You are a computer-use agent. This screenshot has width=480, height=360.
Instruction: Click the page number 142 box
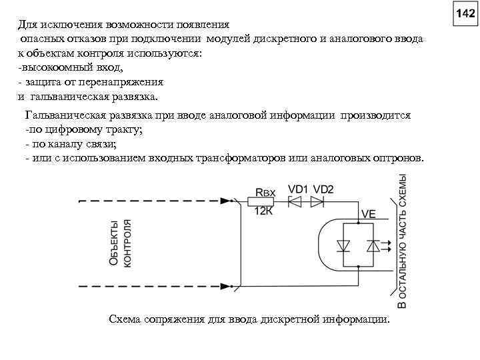pyautogui.click(x=465, y=13)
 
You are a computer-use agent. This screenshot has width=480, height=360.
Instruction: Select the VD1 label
pyautogui.click(x=298, y=189)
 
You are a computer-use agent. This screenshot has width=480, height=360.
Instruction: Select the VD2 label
pyautogui.click(x=323, y=189)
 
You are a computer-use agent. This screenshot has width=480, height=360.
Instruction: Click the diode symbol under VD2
pyautogui.click(x=317, y=201)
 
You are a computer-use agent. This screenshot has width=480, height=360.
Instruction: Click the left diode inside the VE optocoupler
pyautogui.click(x=344, y=245)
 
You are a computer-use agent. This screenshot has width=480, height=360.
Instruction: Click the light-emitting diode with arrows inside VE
pyautogui.click(x=373, y=245)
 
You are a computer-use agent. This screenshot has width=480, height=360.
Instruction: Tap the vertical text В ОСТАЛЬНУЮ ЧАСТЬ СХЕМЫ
pyautogui.click(x=402, y=243)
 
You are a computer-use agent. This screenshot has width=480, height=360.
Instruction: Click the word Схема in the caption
pyautogui.click(x=123, y=319)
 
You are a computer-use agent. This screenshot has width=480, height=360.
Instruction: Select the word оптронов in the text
pyautogui.click(x=399, y=160)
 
